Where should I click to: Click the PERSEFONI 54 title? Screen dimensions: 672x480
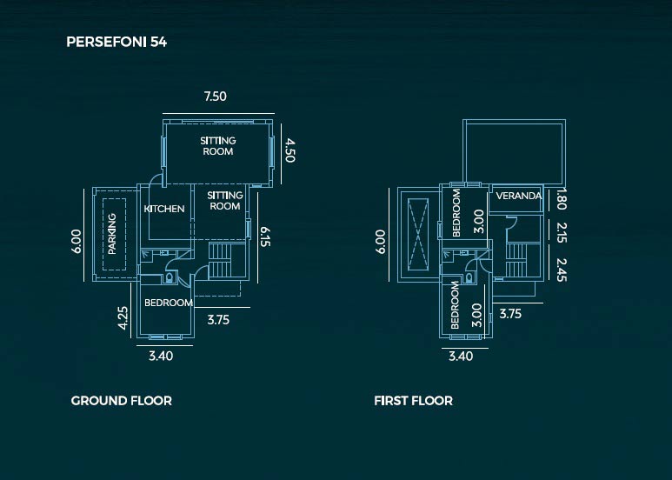(116, 42)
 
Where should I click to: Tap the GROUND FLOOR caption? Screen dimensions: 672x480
(122, 401)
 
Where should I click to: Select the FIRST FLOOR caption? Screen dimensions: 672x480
(413, 401)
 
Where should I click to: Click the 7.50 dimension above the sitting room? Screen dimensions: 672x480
(215, 96)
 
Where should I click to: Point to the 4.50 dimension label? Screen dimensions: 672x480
(290, 150)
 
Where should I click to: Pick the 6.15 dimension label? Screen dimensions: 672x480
(265, 237)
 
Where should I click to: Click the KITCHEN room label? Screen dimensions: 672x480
(164, 209)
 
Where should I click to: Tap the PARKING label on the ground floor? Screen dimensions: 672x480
(112, 234)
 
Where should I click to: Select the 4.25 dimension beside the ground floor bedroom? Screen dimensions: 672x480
(123, 317)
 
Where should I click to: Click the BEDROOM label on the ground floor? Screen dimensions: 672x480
(169, 303)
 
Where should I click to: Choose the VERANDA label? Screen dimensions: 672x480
(519, 196)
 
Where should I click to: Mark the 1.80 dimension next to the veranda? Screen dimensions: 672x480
(561, 199)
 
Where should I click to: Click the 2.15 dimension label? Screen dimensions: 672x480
(561, 233)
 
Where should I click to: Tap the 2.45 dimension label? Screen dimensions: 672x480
(561, 270)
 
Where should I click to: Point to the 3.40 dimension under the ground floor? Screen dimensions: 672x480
(161, 356)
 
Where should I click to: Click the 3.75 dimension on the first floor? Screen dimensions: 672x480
(510, 314)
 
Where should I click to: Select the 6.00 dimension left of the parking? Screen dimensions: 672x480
(76, 242)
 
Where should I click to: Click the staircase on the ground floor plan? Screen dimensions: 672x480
(220, 261)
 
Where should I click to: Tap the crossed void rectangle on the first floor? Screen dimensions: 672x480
(418, 235)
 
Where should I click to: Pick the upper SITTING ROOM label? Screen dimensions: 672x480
(217, 146)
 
